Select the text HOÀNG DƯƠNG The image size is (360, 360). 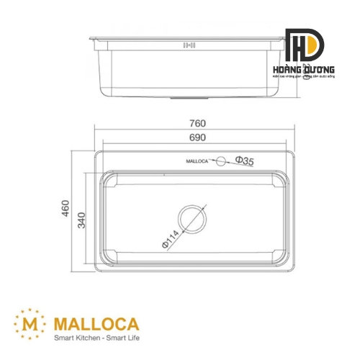[x=304, y=71]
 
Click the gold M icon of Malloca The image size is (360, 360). [x=30, y=321]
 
